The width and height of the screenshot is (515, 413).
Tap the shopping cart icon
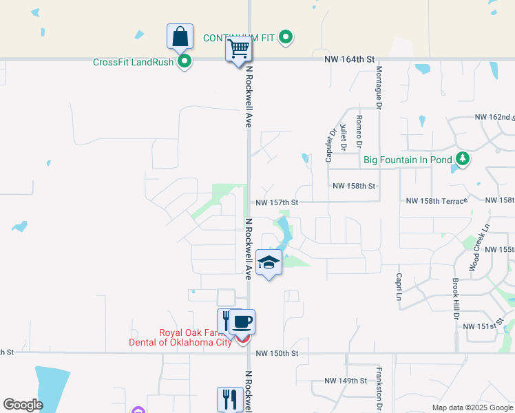[238, 49]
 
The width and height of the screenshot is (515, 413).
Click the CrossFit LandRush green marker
[185, 63]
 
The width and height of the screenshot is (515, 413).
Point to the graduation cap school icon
[269, 262]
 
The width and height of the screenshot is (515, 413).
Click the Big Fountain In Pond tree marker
[463, 160]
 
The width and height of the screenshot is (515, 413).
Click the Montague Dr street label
[379, 85]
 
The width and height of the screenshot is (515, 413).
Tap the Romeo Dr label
[359, 131]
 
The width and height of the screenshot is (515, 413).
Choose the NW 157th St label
[277, 203]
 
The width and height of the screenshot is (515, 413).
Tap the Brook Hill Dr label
[455, 299]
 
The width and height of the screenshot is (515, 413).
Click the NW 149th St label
[346, 381]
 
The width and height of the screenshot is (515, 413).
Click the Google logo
[23, 405]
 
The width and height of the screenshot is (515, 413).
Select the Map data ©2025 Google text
[472, 407]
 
